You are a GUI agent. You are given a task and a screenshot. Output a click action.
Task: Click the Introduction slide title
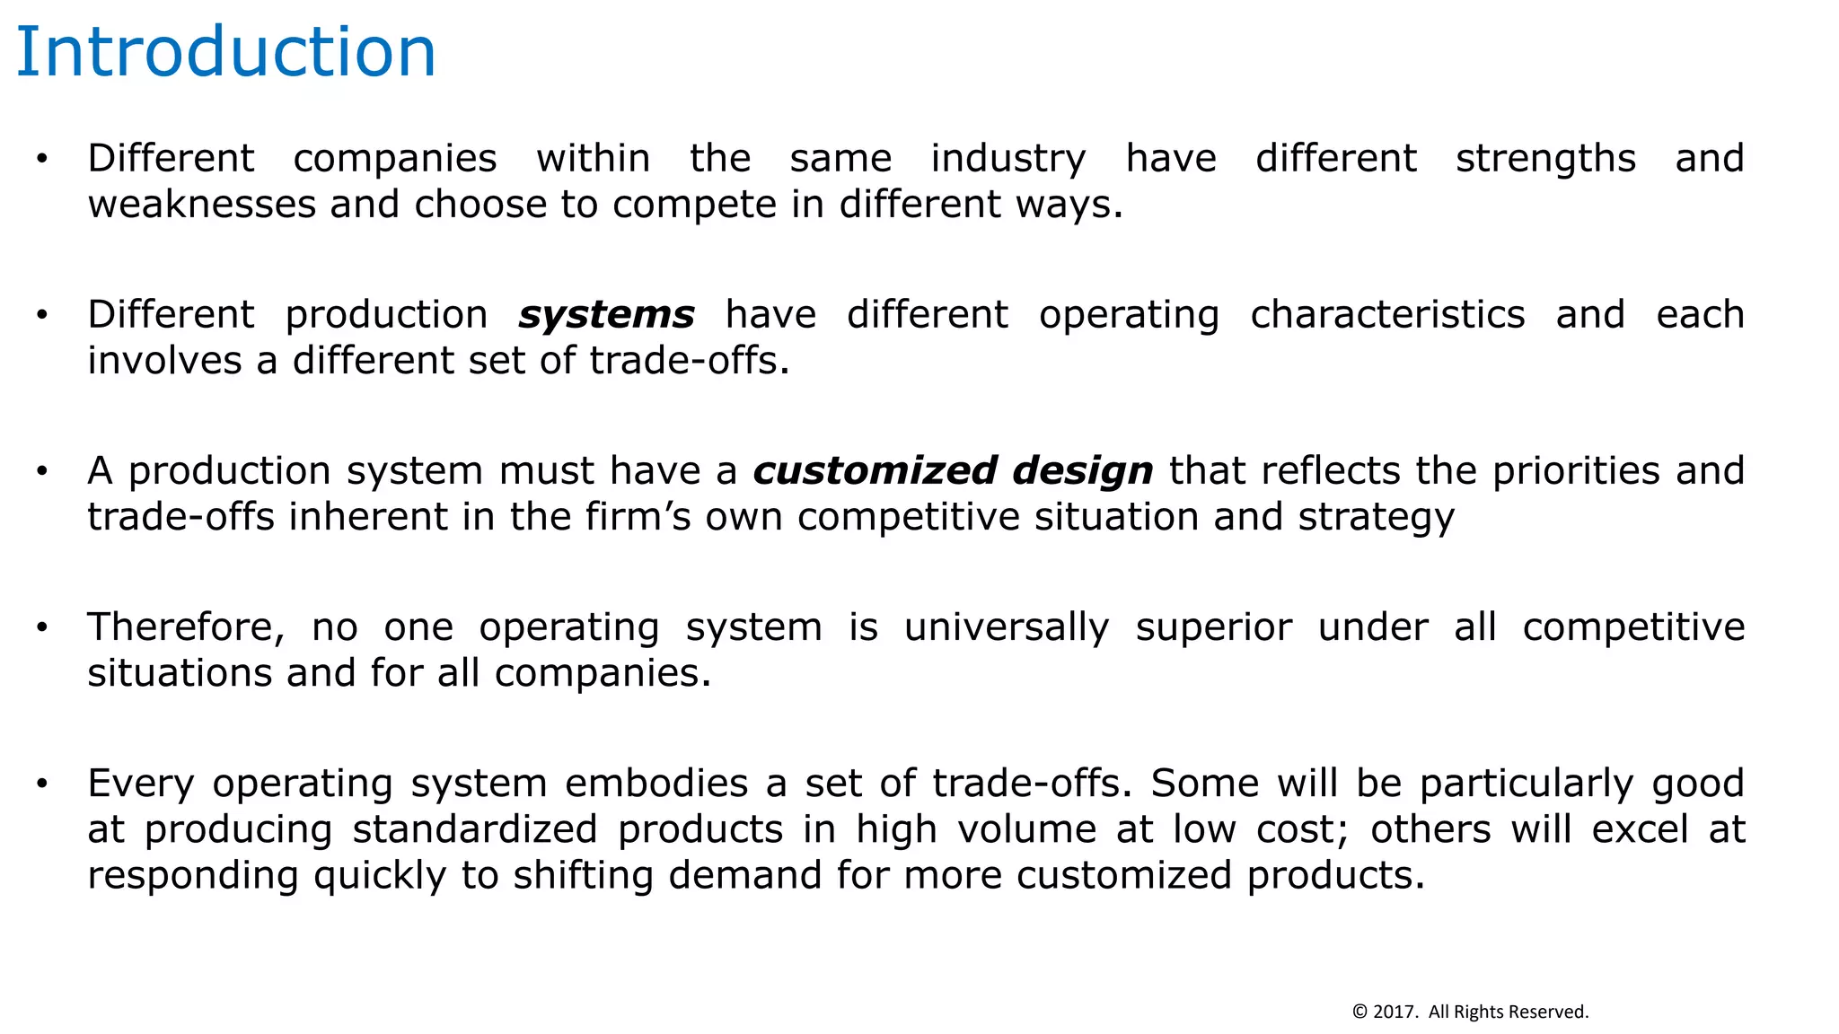point(226,52)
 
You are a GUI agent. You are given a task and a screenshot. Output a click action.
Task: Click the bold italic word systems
point(606,315)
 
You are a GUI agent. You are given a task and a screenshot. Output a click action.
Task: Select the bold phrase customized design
point(953,471)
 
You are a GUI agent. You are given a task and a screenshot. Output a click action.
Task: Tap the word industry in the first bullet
point(1007,159)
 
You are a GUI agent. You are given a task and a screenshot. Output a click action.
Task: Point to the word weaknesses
point(201,205)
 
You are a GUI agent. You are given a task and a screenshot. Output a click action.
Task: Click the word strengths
point(1545,159)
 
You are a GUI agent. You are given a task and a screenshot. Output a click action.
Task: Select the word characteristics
point(1387,315)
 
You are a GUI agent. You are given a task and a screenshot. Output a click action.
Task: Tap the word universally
point(1007,627)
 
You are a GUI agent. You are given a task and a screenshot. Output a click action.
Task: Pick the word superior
point(1214,627)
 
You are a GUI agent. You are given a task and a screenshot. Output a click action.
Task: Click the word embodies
point(656,784)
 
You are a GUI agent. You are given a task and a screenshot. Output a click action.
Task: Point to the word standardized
point(474,829)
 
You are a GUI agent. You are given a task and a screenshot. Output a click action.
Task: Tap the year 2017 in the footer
point(1394,1012)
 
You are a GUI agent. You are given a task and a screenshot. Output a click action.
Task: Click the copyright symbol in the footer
point(1359,1012)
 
